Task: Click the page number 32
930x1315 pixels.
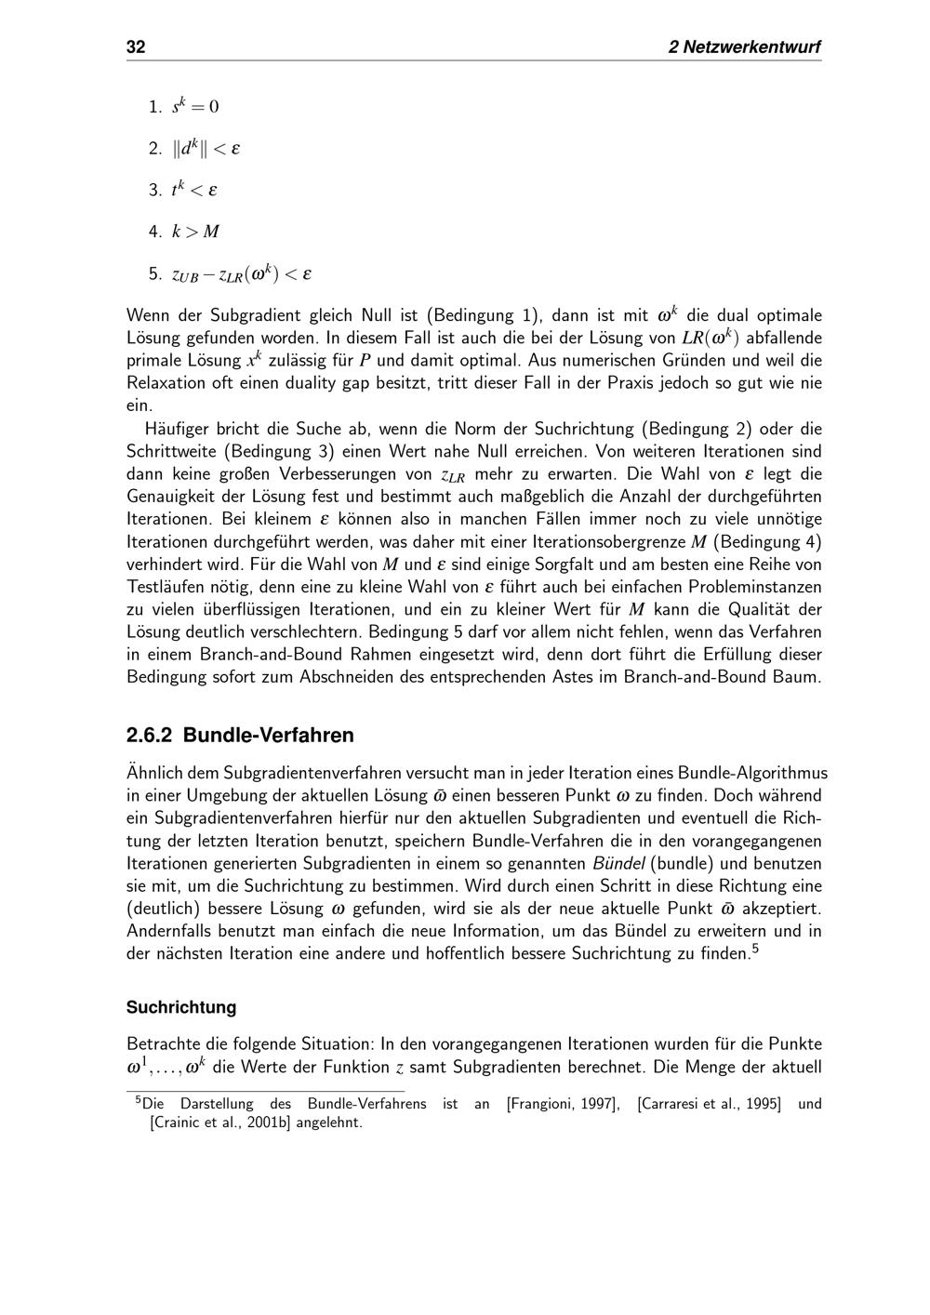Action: tap(136, 47)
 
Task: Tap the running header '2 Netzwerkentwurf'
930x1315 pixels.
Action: tap(744, 47)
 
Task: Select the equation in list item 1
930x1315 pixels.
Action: tap(195, 107)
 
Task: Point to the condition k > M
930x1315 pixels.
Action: tap(195, 232)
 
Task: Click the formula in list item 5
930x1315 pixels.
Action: tap(242, 274)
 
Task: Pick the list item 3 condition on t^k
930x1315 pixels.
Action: tap(194, 191)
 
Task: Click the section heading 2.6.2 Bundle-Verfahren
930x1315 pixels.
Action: tap(240, 736)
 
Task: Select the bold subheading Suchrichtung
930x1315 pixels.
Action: tap(181, 1007)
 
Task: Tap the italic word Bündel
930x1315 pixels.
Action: tap(620, 864)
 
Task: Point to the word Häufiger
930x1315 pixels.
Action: tap(177, 430)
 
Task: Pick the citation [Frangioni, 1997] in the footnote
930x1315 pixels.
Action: tap(563, 1105)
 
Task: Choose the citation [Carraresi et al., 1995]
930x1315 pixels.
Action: tap(709, 1105)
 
